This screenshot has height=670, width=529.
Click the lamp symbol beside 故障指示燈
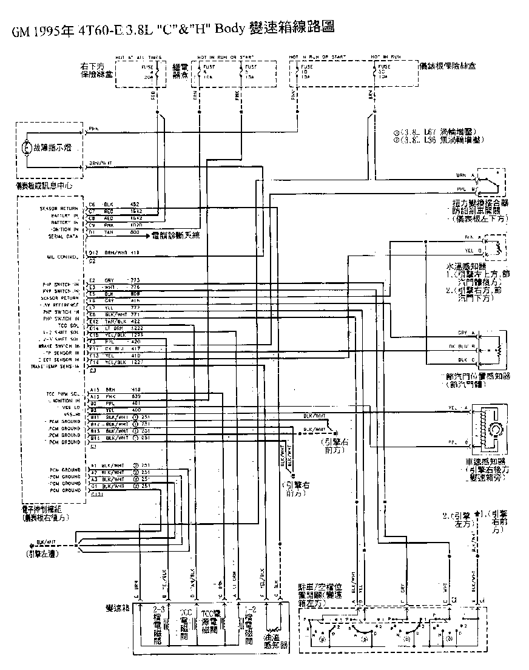tap(27, 147)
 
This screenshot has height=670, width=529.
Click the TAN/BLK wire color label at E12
tap(115, 321)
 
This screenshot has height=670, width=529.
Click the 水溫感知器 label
tap(467, 266)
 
